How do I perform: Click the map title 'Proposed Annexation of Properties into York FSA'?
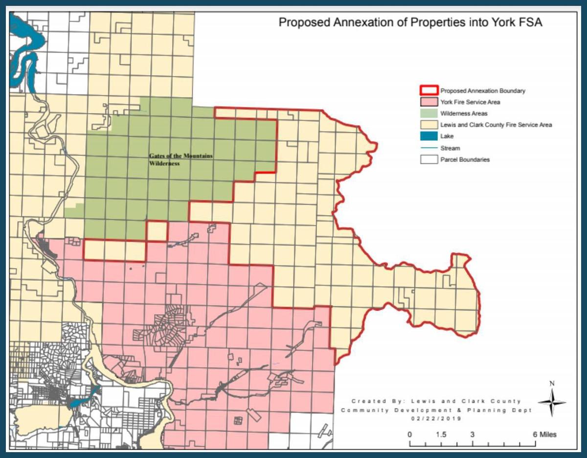click(410, 23)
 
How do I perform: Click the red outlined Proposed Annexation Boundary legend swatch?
click(429, 91)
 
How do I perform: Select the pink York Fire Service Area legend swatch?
click(429, 102)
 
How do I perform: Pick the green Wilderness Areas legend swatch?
click(429, 114)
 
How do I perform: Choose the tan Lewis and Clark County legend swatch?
click(429, 125)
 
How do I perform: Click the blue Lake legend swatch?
click(429, 137)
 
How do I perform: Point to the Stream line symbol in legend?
click(429, 148)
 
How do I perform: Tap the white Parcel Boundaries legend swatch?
click(429, 160)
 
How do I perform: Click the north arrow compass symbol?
click(552, 401)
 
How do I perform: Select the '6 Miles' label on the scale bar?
click(544, 435)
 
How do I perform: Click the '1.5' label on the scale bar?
click(441, 435)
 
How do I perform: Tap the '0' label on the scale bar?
click(410, 435)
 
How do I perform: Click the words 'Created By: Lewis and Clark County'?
click(436, 401)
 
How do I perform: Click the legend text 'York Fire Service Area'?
click(470, 102)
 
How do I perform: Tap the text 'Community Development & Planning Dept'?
click(436, 410)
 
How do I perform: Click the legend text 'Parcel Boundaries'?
click(465, 160)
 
